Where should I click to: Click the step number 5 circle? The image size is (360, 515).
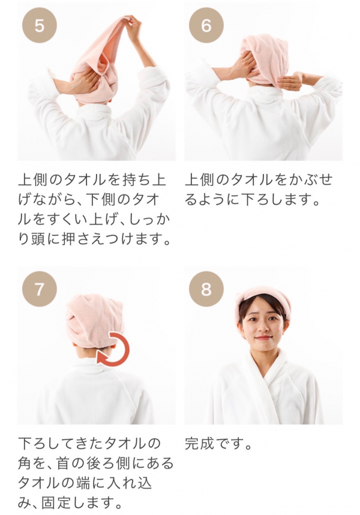(40, 25)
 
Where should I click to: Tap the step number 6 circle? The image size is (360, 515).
(206, 25)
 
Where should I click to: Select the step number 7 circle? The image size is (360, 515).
(40, 289)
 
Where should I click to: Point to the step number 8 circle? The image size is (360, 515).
(206, 289)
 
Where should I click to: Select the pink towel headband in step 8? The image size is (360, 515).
(263, 301)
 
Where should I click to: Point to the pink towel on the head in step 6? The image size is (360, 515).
(264, 59)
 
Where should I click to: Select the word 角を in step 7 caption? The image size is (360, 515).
(34, 463)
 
